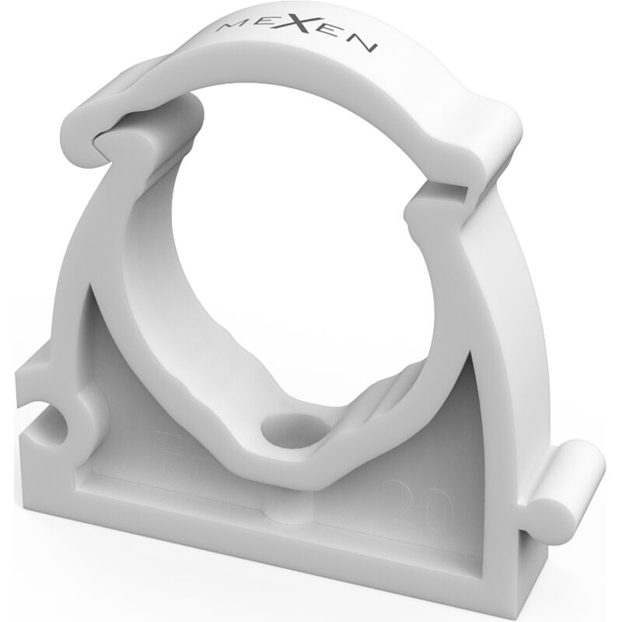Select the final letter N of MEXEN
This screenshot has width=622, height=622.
[367, 44]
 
